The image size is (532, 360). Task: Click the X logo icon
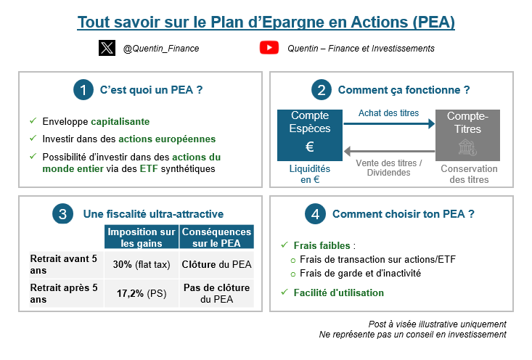[107, 48]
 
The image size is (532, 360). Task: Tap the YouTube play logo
[269, 48]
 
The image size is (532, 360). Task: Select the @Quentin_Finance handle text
[161, 49]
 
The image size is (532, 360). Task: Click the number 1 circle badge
[83, 90]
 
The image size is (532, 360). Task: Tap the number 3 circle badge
[63, 214]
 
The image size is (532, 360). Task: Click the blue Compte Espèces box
[310, 135]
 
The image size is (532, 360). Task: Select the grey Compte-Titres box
[467, 135]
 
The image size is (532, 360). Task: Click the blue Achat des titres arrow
[388, 125]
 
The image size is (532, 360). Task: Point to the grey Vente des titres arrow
[388, 151]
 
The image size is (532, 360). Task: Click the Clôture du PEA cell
[217, 265]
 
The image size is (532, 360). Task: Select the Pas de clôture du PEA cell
[217, 293]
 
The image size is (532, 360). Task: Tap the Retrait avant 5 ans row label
[65, 264]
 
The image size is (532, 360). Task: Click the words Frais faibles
[322, 245]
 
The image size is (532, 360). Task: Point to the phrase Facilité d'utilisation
[338, 292]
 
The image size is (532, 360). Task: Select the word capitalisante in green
[120, 121]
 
